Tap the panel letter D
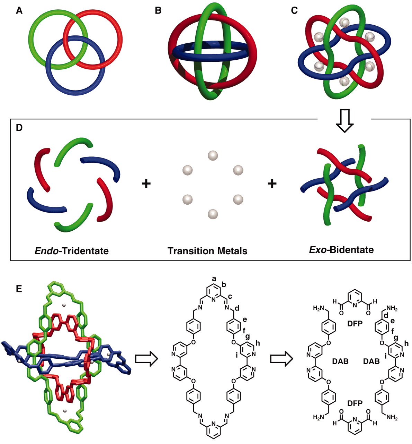coord(19,128)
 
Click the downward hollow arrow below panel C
coord(344,121)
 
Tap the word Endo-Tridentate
coord(72,251)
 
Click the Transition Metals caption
coord(207,251)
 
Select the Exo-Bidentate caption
coord(341,250)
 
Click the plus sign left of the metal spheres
coord(146,184)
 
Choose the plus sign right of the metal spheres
coord(272,184)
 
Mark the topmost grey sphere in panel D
coord(213,155)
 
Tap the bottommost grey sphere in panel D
coord(213,214)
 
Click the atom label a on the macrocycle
coord(214,279)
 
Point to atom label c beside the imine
coord(230,297)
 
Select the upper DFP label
coord(355,324)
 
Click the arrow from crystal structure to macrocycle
coord(147,359)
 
